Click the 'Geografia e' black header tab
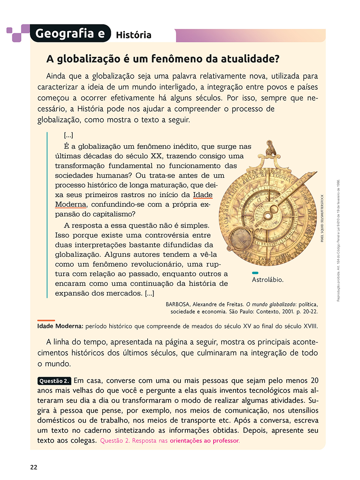(70, 34)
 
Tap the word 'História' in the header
(134, 35)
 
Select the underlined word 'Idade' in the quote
(203, 195)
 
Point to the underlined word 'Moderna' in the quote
(70, 204)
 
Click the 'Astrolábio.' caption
(268, 280)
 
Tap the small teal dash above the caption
(255, 273)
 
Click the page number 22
(34, 467)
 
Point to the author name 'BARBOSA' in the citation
(177, 304)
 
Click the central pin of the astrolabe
(267, 216)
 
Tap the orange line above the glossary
(46, 320)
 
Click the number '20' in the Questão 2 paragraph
(314, 380)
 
